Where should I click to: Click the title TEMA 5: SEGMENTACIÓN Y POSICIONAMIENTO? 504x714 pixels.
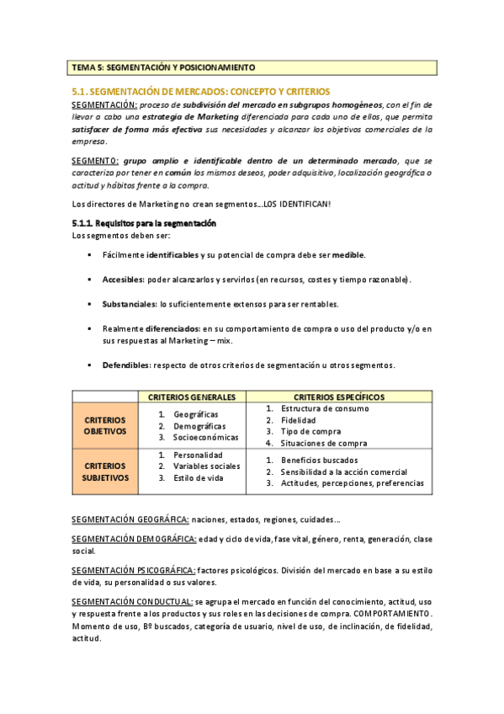pyautogui.click(x=163, y=67)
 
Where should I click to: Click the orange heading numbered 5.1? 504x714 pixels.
pyautogui.click(x=201, y=91)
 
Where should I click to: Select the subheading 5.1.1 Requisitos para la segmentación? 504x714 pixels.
pyautogui.click(x=144, y=223)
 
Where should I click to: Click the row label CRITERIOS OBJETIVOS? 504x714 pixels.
pyautogui.click(x=105, y=425)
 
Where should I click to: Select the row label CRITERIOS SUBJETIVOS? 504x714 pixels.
pyautogui.click(x=105, y=472)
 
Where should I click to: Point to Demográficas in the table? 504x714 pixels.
pyautogui.click(x=199, y=426)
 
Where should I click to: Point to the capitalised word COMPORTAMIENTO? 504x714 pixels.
pyautogui.click(x=393, y=613)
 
